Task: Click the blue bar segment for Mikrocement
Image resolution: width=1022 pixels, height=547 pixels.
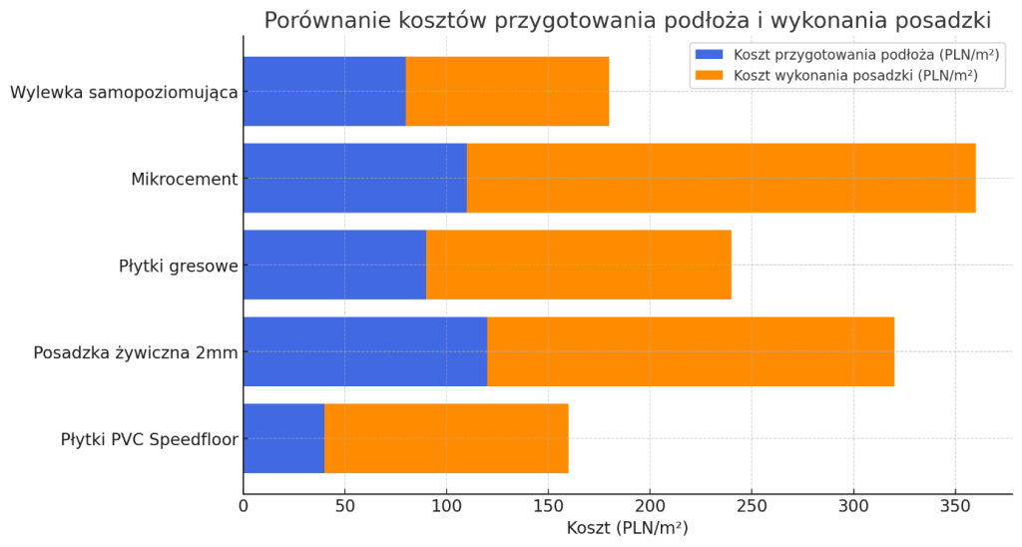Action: point(355,178)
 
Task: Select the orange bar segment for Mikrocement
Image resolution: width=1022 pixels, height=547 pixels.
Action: point(721,178)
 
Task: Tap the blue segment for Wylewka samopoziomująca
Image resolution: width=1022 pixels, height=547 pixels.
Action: point(324,91)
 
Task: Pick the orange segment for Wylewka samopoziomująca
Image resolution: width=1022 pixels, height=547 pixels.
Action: point(507,91)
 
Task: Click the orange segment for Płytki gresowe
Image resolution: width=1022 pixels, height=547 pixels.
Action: point(579,265)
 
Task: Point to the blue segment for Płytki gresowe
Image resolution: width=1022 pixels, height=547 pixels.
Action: point(335,265)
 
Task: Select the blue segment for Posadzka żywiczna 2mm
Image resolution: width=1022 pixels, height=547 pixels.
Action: point(365,351)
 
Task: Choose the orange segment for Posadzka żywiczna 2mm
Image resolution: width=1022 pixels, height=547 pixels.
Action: point(691,351)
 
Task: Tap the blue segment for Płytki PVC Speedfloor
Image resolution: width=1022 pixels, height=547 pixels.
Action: point(284,438)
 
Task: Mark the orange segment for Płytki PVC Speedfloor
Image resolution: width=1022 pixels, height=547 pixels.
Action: point(446,438)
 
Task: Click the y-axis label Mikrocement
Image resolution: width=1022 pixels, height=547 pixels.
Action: point(185,180)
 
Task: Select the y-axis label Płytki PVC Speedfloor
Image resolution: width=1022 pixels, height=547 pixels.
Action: point(150,440)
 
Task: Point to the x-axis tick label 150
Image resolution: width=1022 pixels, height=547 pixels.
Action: point(548,506)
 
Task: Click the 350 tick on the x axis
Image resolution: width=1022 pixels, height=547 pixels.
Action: point(955,506)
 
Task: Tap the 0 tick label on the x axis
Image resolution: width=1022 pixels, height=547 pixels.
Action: point(244,506)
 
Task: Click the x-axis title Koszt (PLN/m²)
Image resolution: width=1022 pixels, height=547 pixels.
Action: point(627,528)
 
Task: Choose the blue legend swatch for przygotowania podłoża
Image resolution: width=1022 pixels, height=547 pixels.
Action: point(710,55)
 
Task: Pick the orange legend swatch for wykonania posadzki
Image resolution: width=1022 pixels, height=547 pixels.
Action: point(710,76)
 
